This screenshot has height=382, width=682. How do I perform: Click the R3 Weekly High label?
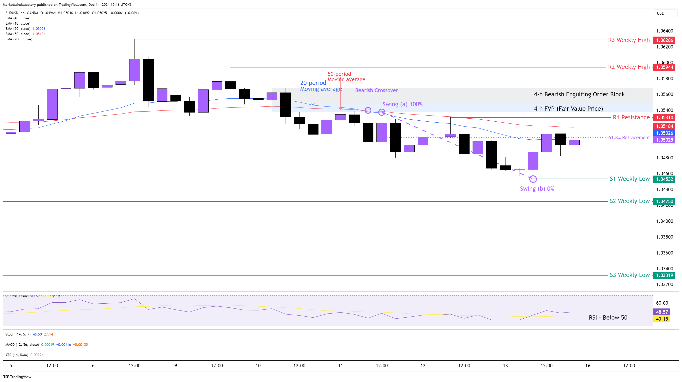pyautogui.click(x=628, y=40)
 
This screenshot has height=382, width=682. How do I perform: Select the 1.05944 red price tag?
pyautogui.click(x=664, y=67)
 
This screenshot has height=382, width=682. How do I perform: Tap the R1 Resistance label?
pyautogui.click(x=631, y=117)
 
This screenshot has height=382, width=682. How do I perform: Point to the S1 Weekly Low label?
pyautogui.click(x=629, y=179)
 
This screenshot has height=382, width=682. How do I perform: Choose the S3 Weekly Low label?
pyautogui.click(x=629, y=275)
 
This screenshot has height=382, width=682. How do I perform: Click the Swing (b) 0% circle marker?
pyautogui.click(x=533, y=179)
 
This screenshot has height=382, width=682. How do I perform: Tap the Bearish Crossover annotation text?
pyautogui.click(x=376, y=90)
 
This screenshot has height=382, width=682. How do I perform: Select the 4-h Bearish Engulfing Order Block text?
pyautogui.click(x=579, y=94)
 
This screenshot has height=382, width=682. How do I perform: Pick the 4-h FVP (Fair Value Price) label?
pyautogui.click(x=568, y=109)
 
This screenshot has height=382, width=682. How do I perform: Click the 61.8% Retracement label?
pyautogui.click(x=629, y=138)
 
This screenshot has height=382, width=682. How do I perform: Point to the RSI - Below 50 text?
pyautogui.click(x=608, y=317)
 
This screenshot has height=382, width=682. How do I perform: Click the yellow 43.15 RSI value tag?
pyautogui.click(x=662, y=319)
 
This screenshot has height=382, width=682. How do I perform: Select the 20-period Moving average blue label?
pyautogui.click(x=321, y=86)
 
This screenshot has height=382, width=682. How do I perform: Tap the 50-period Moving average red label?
pyautogui.click(x=346, y=77)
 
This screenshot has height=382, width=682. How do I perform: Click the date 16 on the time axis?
pyautogui.click(x=588, y=366)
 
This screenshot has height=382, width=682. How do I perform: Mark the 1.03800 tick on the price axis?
pyautogui.click(x=664, y=237)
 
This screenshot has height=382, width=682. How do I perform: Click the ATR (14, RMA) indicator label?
pyautogui.click(x=17, y=355)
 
